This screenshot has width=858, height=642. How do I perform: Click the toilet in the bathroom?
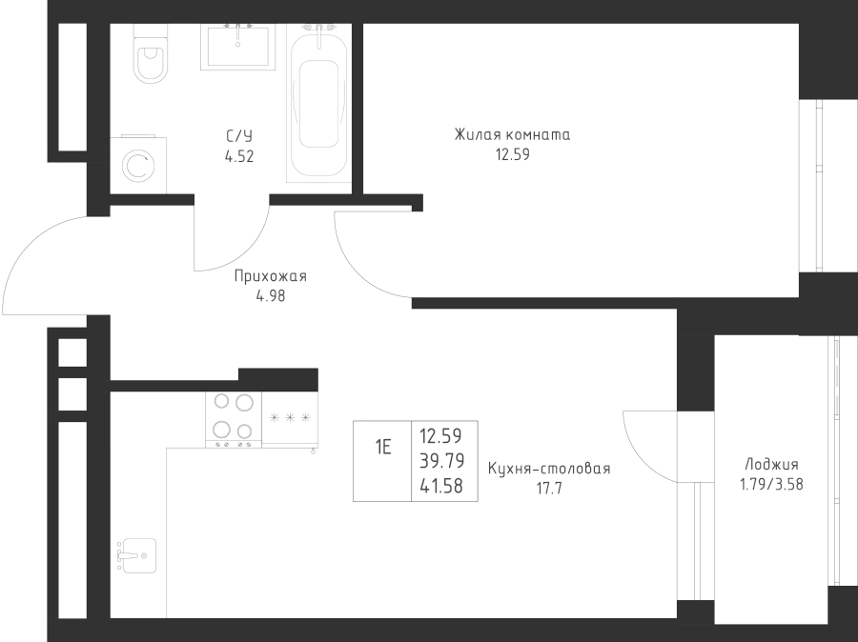pyautogui.click(x=150, y=53)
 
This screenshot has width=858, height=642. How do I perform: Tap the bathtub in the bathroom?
pyautogui.click(x=319, y=101)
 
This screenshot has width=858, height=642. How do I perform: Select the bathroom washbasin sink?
pyautogui.click(x=238, y=47)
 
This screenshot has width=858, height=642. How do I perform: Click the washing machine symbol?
pyautogui.click(x=138, y=165)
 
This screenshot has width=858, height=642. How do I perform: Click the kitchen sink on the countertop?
pyautogui.click(x=136, y=555)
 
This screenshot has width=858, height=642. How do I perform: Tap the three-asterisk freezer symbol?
pyautogui.click(x=290, y=418)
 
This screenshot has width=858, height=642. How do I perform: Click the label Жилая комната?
pyautogui.click(x=512, y=134)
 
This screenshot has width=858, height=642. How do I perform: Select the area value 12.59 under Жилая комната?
pyautogui.click(x=513, y=154)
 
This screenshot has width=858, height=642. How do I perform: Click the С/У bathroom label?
pyautogui.click(x=239, y=136)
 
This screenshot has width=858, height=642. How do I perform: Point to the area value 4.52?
pyautogui.click(x=239, y=157)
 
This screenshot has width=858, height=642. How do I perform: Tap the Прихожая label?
pyautogui.click(x=271, y=276)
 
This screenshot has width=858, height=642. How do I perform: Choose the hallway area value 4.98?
pyautogui.click(x=271, y=296)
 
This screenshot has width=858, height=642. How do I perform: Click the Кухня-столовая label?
pyautogui.click(x=549, y=469)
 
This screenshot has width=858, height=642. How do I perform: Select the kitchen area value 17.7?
pyautogui.click(x=549, y=489)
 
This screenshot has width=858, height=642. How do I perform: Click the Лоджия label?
pyautogui.click(x=771, y=465)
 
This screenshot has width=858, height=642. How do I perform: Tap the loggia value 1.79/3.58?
pyautogui.click(x=771, y=485)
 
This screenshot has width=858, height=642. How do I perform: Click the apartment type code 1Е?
pyautogui.click(x=383, y=448)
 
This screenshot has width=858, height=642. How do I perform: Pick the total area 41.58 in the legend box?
pyautogui.click(x=441, y=486)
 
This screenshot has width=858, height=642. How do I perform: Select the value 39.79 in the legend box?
pyautogui.click(x=441, y=461)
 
